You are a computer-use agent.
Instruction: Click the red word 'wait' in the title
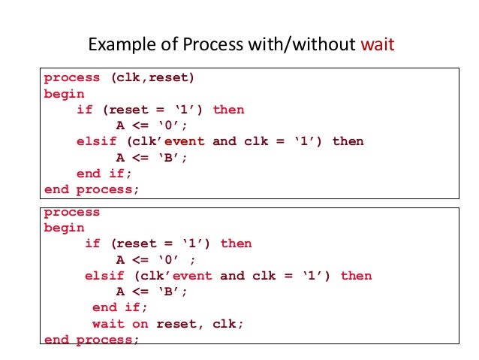[377, 45]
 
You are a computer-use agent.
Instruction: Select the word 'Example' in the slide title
[117, 45]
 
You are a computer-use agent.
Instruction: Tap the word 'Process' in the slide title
[204, 45]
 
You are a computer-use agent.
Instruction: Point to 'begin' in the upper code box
[65, 94]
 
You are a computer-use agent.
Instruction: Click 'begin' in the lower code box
[65, 228]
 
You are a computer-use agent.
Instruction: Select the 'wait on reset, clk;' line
[168, 324]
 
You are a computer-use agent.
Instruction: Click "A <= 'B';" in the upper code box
[151, 157]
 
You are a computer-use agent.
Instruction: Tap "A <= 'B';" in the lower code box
[151, 292]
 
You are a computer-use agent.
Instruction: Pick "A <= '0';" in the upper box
[151, 126]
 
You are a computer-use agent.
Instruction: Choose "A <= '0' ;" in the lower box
[155, 260]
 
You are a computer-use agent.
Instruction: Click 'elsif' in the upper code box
[96, 141]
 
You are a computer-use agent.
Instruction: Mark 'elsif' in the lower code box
[104, 276]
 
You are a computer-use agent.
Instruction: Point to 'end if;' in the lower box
[120, 307]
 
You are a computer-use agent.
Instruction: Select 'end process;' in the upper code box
[92, 189]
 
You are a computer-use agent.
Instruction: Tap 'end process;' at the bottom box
[92, 340]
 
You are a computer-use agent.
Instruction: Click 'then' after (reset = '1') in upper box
[228, 110]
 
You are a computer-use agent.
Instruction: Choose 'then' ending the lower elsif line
[356, 276]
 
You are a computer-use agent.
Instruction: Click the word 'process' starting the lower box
[72, 212]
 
